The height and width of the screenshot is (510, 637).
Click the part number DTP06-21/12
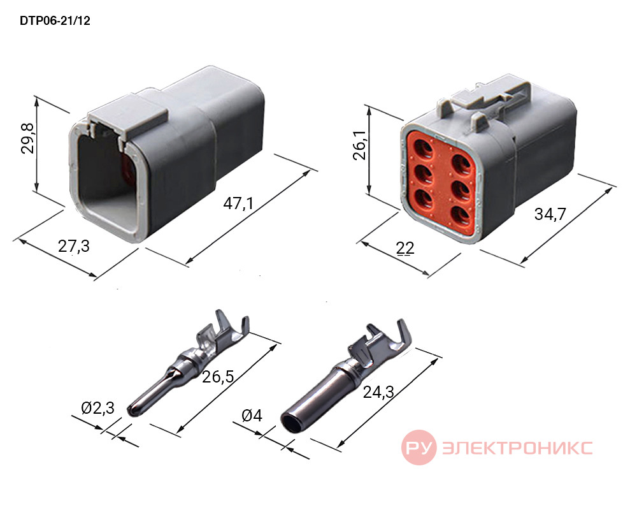tap(55, 21)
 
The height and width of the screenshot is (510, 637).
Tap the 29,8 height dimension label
tap(27, 138)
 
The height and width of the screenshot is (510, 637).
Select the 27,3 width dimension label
tap(73, 246)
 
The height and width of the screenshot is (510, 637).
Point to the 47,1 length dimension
tap(238, 203)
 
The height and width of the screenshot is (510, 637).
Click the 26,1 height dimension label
tap(360, 145)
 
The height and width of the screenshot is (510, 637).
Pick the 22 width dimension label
tap(405, 248)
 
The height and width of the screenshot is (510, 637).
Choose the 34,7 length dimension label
tap(550, 214)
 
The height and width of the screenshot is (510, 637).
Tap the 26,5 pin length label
tap(218, 377)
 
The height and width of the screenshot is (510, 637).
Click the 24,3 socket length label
tap(378, 392)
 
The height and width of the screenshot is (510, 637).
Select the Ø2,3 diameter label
tap(97, 407)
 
